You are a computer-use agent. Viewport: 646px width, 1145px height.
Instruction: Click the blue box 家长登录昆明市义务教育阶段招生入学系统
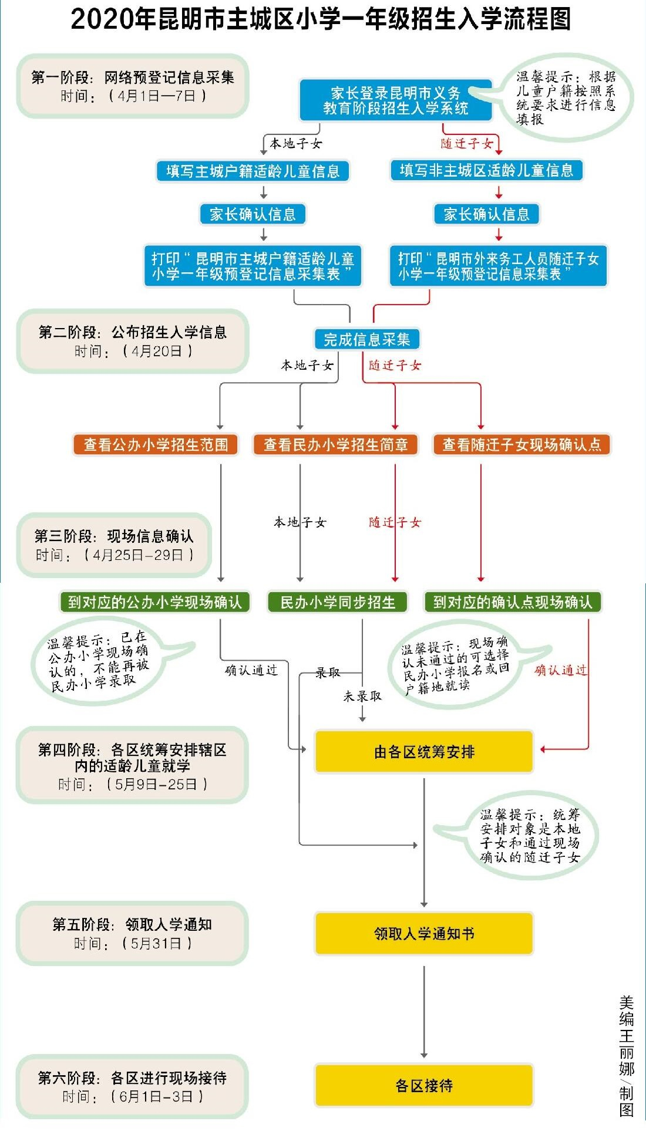pos(395,100)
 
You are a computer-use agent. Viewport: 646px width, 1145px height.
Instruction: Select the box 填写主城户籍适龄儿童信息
pos(253,171)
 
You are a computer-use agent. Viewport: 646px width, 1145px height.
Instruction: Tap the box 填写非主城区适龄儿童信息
pos(486,171)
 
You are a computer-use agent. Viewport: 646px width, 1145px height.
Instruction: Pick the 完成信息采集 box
pos(366,339)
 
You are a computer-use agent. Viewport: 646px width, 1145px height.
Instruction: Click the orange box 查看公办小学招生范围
pos(156,445)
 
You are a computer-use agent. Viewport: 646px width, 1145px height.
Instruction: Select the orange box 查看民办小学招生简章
pos(335,445)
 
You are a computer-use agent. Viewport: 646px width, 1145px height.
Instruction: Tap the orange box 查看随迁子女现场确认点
pos(521,445)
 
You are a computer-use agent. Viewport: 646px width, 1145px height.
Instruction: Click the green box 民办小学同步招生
pos(338,602)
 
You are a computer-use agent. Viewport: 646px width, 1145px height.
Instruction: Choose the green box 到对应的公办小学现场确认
pos(155,602)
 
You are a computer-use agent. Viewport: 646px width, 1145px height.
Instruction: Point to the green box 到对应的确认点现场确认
pos(513,602)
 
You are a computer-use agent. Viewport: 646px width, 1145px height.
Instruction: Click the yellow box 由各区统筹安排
pos(424,752)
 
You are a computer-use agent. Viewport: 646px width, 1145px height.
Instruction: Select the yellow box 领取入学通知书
pos(424,933)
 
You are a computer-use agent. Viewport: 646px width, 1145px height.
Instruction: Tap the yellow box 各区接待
pos(424,1086)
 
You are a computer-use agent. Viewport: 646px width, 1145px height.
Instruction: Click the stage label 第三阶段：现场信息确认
pos(114,536)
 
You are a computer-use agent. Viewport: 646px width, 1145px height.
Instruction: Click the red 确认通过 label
pos(560,670)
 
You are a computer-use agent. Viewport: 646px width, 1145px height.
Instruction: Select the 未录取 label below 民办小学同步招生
pos(362,696)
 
